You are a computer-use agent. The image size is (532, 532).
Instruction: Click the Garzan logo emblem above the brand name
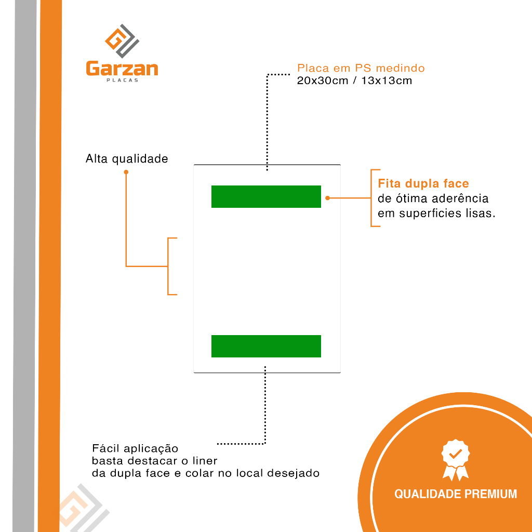click(x=122, y=41)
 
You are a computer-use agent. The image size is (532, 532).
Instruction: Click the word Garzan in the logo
click(x=122, y=69)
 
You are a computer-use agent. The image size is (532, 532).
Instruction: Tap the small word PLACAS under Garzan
click(x=122, y=81)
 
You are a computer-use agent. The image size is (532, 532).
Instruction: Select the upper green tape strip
click(x=266, y=196)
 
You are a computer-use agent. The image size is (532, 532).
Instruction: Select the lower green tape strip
click(x=266, y=346)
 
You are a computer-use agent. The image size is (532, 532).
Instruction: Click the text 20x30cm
click(x=323, y=81)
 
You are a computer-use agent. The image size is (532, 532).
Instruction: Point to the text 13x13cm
click(x=387, y=81)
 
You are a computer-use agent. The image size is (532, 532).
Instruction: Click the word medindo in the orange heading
click(x=401, y=68)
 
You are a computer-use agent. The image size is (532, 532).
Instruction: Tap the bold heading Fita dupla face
click(x=423, y=183)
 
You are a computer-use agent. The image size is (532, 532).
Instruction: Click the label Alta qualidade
click(x=127, y=159)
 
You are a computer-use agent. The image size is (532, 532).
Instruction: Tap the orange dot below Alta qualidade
click(x=126, y=172)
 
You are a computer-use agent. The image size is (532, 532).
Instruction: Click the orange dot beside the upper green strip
click(x=327, y=198)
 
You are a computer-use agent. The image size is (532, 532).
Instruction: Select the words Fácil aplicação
click(x=135, y=448)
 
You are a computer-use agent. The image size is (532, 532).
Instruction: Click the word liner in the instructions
click(x=205, y=461)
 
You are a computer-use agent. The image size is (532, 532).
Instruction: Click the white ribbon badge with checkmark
click(x=456, y=460)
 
